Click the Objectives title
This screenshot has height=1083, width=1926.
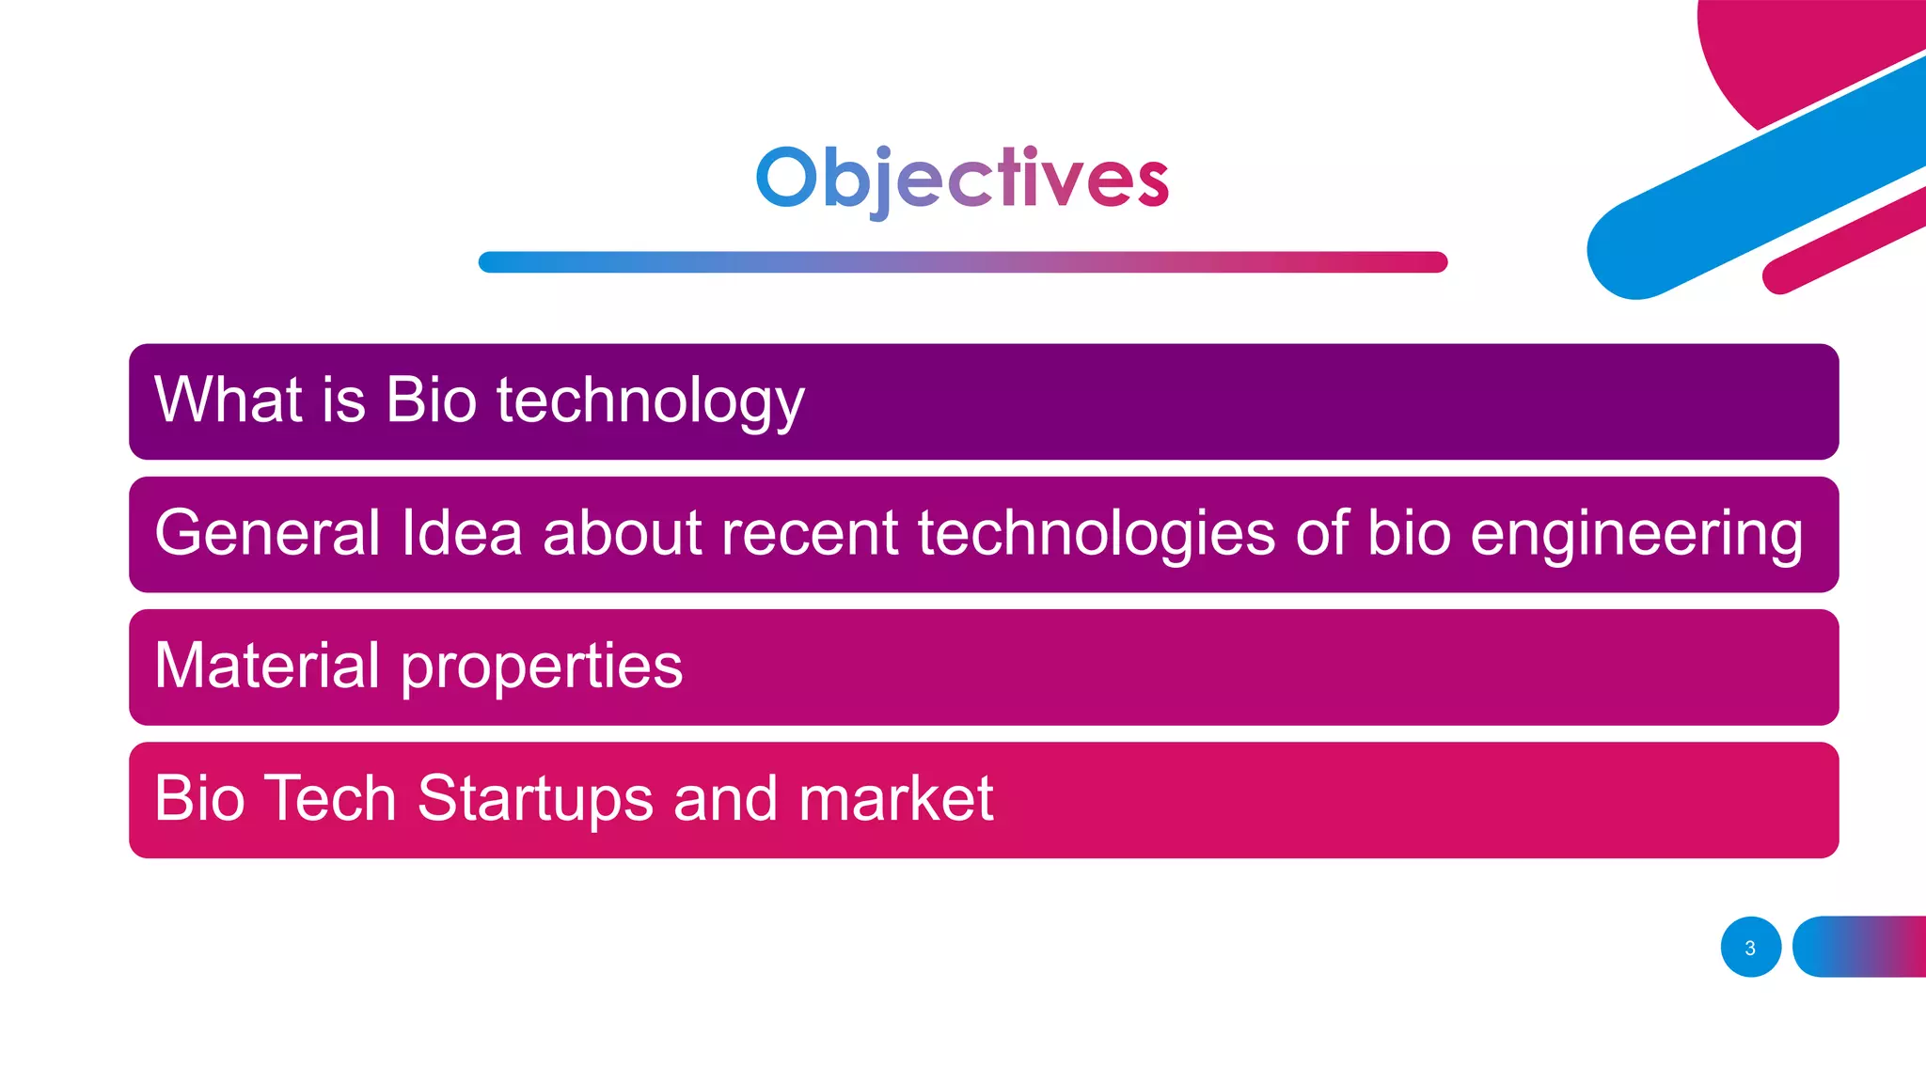[x=962, y=179]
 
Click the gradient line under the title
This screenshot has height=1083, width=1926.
[x=962, y=262]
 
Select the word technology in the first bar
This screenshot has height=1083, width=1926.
[x=650, y=401]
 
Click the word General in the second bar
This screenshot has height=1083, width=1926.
[x=267, y=533]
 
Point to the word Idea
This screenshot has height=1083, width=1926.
[x=461, y=533]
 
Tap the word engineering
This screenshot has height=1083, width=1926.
[x=1635, y=534]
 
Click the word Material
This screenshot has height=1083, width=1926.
[x=267, y=666]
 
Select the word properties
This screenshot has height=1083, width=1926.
[x=542, y=667]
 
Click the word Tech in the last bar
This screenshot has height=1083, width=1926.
[x=329, y=798]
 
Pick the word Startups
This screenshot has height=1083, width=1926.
[x=534, y=800]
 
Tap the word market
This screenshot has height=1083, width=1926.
[x=895, y=798]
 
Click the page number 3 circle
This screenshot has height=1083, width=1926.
[x=1750, y=948]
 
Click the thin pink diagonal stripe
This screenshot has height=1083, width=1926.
[x=1843, y=241]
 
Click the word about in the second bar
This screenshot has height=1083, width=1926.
[x=622, y=533]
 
